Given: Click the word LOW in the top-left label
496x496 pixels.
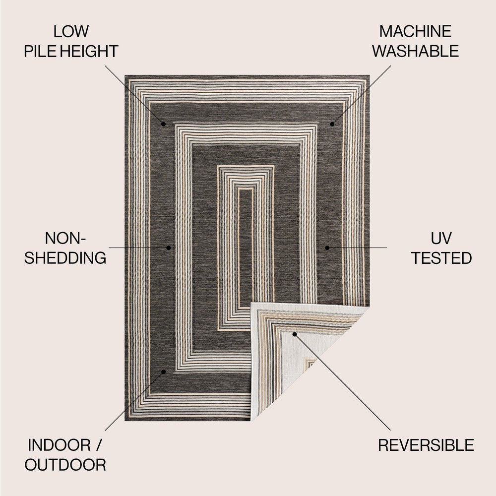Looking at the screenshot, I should click(x=71, y=32).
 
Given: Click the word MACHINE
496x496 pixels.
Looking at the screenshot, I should click(x=416, y=32).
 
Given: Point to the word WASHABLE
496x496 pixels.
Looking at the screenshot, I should click(x=416, y=51).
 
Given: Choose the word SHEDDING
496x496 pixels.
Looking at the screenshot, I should click(x=72, y=258).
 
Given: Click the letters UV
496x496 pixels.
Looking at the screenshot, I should click(x=441, y=239).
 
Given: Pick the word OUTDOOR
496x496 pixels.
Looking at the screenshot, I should click(x=65, y=465).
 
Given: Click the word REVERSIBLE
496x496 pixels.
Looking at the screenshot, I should click(x=426, y=445).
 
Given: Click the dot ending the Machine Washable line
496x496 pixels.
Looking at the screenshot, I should click(x=332, y=123).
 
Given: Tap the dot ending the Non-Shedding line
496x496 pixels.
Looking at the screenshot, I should click(x=169, y=247).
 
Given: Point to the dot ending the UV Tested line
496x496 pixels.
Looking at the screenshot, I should click(x=327, y=247).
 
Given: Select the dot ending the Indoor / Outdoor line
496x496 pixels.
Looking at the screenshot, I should click(x=163, y=371).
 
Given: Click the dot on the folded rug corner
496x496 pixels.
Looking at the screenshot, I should click(x=294, y=334).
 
